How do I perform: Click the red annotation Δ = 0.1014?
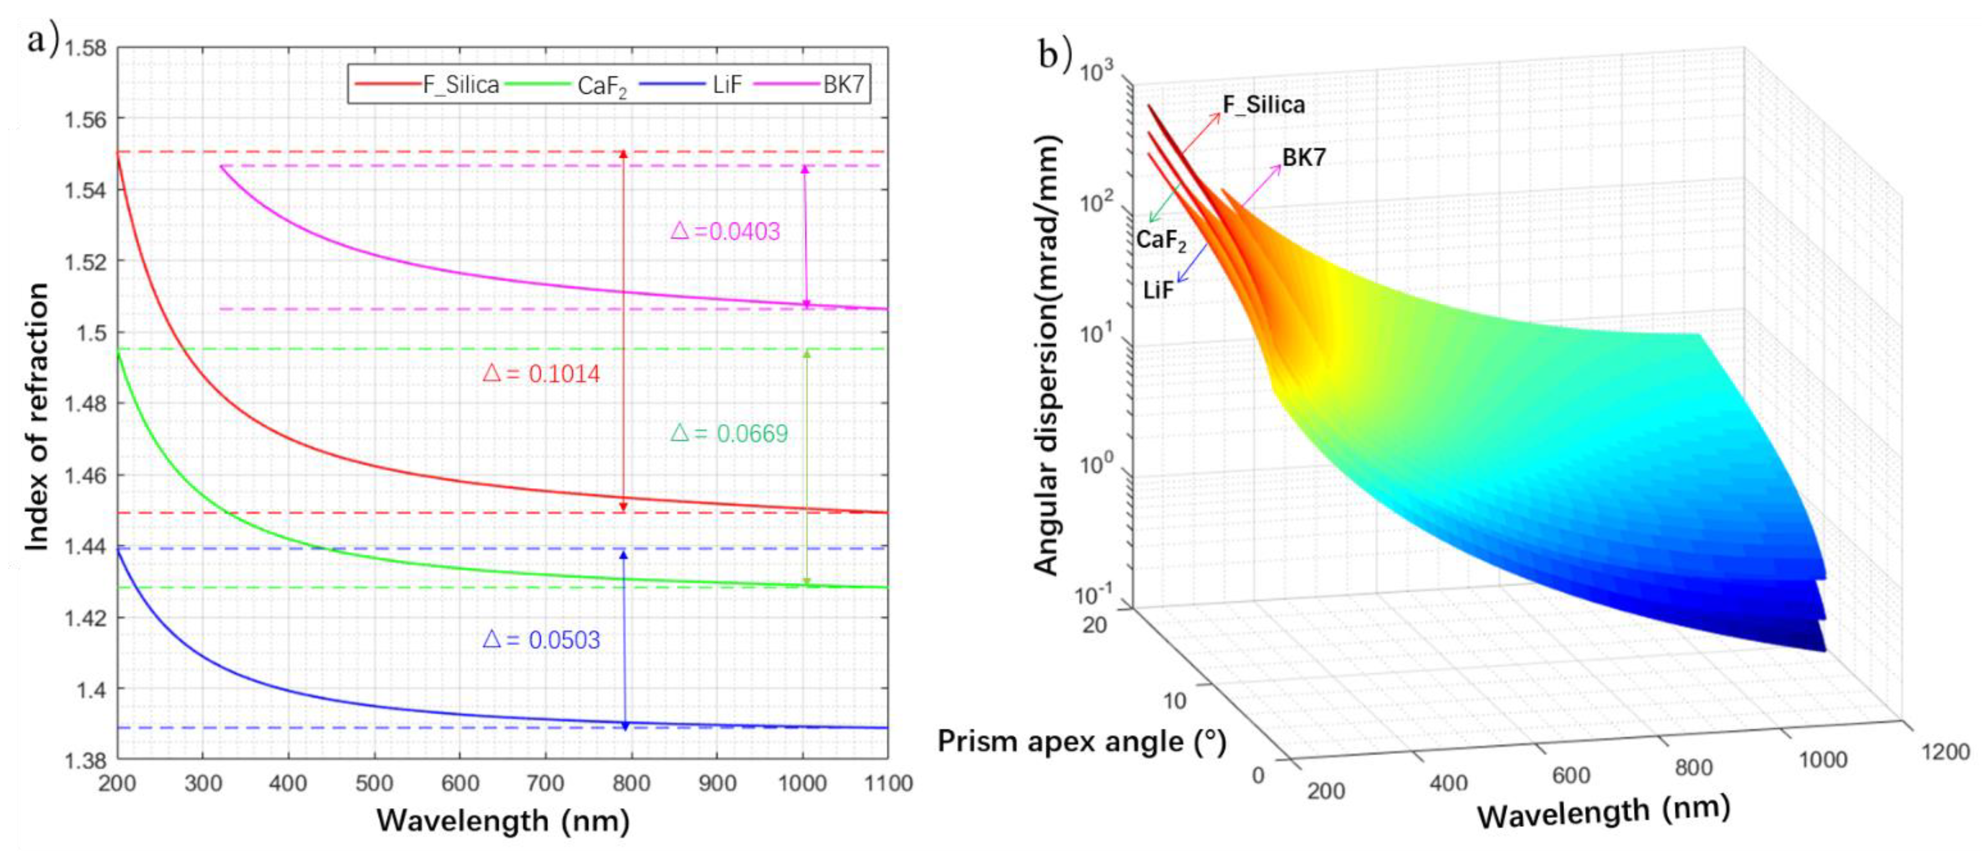(x=541, y=374)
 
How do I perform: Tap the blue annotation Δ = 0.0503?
(x=541, y=640)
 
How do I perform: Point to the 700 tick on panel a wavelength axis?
(x=545, y=784)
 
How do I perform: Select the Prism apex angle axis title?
(x=1081, y=742)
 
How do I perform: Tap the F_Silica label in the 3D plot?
(x=1264, y=105)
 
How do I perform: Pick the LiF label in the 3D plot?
(x=1158, y=290)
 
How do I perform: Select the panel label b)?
(x=1055, y=54)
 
